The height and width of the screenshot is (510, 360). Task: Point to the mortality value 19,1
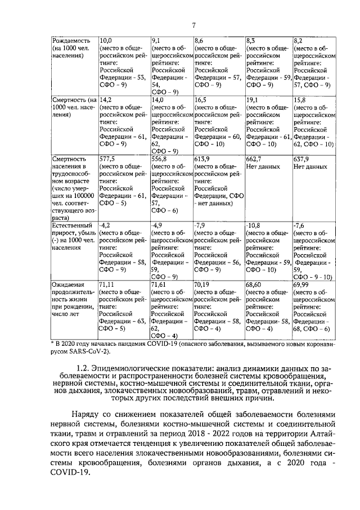(x=253, y=100)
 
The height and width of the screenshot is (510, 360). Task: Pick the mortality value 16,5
(x=201, y=100)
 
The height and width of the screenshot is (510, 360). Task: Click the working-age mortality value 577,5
(x=107, y=159)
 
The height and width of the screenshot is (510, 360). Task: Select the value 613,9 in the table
(x=202, y=159)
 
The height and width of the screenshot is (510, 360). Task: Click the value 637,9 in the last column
(x=302, y=159)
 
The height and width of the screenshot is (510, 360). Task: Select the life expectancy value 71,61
(x=160, y=285)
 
